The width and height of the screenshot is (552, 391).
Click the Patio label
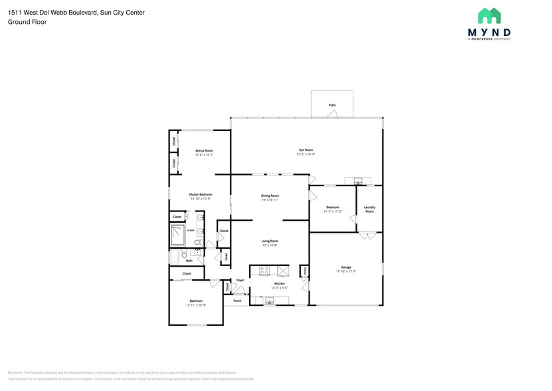(x=332, y=105)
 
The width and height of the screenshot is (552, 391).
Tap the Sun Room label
(x=306, y=150)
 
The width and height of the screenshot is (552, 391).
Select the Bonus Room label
(x=204, y=151)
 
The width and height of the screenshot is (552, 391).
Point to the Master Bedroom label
(x=200, y=195)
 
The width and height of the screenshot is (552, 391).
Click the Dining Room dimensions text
(x=269, y=199)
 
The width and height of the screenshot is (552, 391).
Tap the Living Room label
(x=269, y=241)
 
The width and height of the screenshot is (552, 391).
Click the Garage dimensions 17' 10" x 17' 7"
(x=346, y=271)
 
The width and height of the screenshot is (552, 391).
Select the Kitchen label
(x=280, y=283)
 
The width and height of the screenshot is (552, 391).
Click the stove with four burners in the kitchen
(x=264, y=271)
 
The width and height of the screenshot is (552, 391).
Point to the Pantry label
(x=304, y=271)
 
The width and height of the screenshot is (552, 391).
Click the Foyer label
(x=240, y=280)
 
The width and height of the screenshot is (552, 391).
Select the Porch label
(x=237, y=301)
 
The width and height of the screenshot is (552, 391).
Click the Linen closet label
(x=226, y=255)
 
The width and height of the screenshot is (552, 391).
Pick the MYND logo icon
(x=490, y=16)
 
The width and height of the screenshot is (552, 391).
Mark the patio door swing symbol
(x=337, y=115)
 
